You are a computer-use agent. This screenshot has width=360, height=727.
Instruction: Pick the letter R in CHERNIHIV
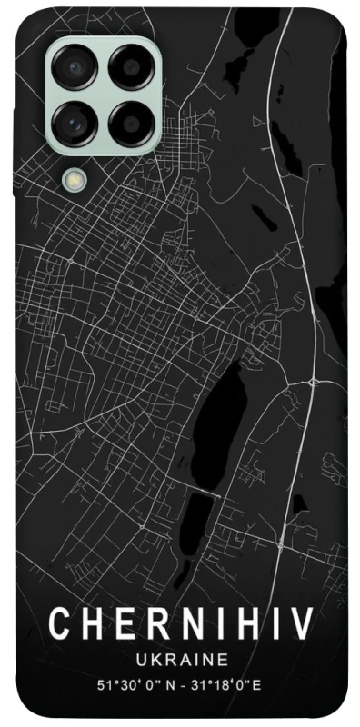(152, 624)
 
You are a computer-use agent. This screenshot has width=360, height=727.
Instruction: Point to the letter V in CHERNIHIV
(301, 624)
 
